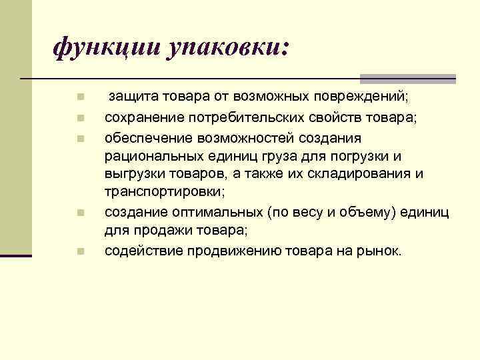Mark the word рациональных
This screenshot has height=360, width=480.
point(146,156)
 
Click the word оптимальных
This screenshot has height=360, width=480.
point(207,212)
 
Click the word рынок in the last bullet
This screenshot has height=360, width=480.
point(380,251)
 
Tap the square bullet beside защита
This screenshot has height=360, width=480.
point(79,98)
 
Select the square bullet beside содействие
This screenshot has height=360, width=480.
point(79,252)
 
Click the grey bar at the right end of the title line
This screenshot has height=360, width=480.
point(407,79)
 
